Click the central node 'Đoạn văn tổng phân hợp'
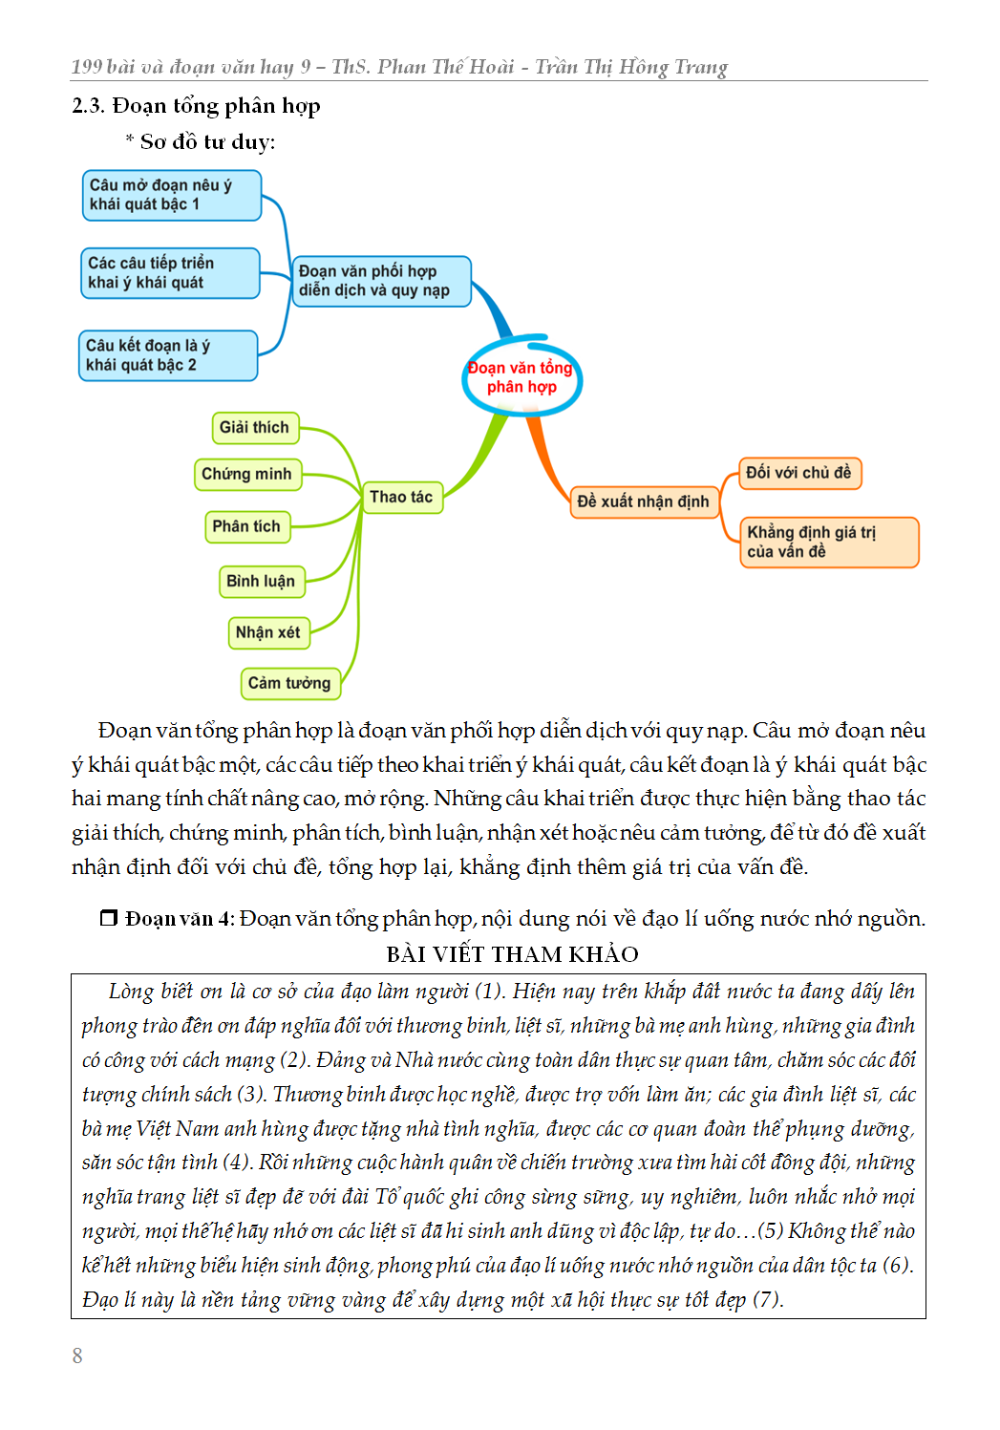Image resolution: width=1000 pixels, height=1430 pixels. click(x=521, y=377)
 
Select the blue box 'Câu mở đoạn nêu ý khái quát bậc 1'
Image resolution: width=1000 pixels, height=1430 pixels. click(x=171, y=195)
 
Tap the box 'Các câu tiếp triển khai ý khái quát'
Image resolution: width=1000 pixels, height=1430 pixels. click(x=169, y=273)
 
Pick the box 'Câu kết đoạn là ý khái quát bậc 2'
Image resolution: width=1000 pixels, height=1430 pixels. click(x=167, y=355)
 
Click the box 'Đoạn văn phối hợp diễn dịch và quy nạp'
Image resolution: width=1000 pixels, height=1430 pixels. click(x=381, y=281)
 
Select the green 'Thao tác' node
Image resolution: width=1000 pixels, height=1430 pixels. click(x=401, y=497)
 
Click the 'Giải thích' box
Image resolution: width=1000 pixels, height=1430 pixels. click(x=255, y=428)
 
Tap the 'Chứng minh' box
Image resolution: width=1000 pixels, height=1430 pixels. click(x=247, y=475)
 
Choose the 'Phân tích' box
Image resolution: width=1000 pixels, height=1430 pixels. click(x=247, y=526)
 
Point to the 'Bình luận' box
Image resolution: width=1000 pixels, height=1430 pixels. click(x=262, y=581)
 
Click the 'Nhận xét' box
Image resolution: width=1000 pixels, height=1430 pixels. click(x=268, y=632)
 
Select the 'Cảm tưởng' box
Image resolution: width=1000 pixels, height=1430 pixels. click(x=289, y=683)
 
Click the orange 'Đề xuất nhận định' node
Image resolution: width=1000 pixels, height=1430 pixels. click(x=644, y=502)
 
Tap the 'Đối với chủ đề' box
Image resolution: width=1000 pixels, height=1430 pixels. click(x=799, y=473)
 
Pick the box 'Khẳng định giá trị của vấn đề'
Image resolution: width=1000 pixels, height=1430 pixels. click(x=828, y=543)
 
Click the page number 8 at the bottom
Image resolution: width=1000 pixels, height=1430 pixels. click(x=77, y=1355)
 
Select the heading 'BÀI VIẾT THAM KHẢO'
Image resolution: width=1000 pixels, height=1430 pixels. click(x=513, y=954)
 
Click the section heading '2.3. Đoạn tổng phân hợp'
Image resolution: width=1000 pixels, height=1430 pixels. click(x=196, y=106)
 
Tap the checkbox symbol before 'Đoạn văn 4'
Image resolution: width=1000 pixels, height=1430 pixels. click(x=109, y=918)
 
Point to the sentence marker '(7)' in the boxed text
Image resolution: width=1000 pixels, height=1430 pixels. click(x=767, y=1300)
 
